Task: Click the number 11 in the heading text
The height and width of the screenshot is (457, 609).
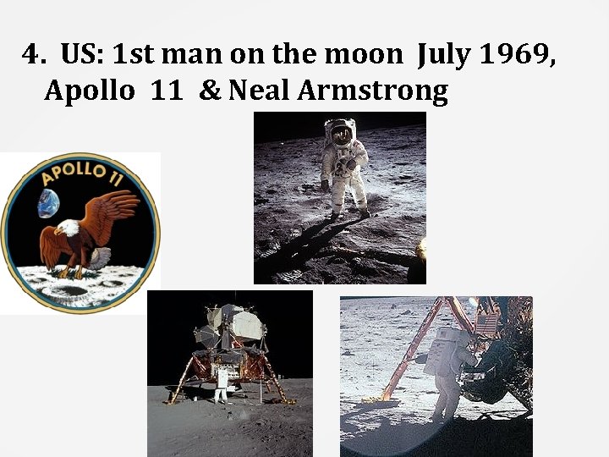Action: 167,90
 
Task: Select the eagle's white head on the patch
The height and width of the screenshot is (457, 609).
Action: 67,228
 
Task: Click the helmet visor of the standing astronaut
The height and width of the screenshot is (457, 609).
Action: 341,132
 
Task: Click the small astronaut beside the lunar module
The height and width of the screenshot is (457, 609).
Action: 222,384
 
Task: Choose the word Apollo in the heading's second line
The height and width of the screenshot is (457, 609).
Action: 89,90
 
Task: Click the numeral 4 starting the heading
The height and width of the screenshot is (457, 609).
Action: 32,56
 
